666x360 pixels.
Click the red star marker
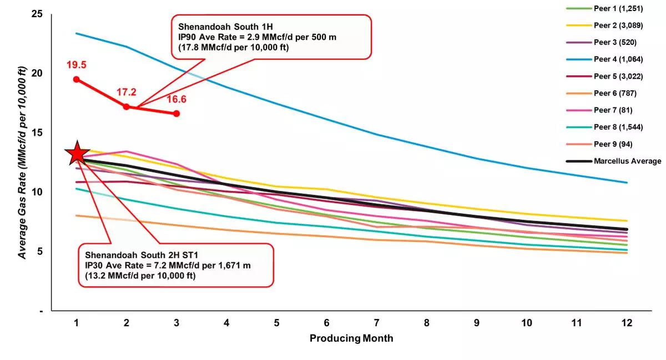(x=77, y=154)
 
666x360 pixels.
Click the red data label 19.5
(x=76, y=65)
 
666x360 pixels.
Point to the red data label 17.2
(x=126, y=92)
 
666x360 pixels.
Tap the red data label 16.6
(x=176, y=99)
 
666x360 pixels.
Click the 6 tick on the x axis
(x=327, y=322)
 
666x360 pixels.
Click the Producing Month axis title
(x=351, y=338)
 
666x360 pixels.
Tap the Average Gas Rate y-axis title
(x=23, y=163)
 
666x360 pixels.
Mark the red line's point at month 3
(x=176, y=113)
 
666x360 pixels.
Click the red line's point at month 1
(x=76, y=79)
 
